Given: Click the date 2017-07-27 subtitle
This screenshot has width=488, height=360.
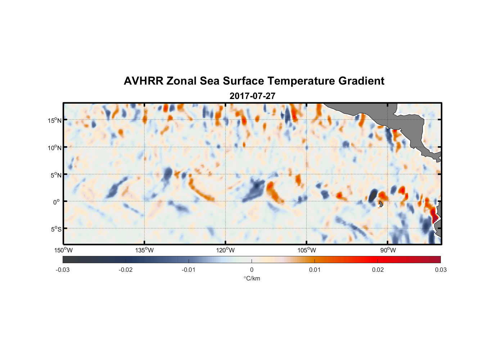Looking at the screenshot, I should click(252, 96).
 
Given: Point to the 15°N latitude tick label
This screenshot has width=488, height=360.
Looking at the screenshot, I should click(55, 120).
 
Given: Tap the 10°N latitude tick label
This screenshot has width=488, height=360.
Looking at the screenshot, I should click(55, 148).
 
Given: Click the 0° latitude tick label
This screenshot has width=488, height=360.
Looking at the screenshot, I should click(57, 202).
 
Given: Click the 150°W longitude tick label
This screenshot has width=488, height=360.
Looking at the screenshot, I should click(63, 250).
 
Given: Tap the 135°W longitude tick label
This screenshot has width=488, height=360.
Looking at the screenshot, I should click(145, 250).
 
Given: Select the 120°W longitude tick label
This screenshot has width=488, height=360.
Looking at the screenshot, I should click(226, 250).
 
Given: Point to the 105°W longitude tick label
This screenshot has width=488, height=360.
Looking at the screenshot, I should click(307, 250).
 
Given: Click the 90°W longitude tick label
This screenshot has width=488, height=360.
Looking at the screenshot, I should click(388, 250).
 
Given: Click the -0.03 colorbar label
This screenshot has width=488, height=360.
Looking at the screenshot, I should click(63, 270).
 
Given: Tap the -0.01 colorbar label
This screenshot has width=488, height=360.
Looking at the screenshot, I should click(189, 270).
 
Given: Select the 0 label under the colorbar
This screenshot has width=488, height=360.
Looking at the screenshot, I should click(252, 270).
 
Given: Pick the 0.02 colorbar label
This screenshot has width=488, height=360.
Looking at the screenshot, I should click(378, 270).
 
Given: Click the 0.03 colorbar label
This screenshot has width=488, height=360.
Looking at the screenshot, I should click(440, 270).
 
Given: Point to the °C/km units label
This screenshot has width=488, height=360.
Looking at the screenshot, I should click(252, 278).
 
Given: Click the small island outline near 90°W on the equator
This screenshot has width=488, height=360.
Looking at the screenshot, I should click(381, 204).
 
